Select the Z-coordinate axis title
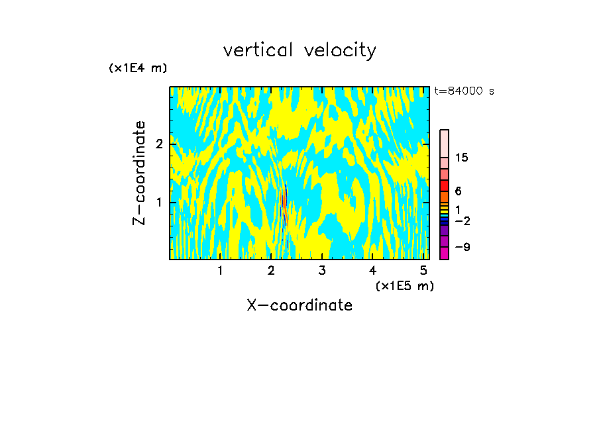[x=139, y=173]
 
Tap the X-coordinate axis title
[x=299, y=305]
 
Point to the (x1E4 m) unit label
[x=138, y=68]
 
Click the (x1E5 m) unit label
[x=404, y=285]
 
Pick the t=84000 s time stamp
[x=464, y=91]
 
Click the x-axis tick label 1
[x=220, y=270]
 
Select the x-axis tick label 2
[x=271, y=270]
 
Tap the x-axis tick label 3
[x=322, y=270]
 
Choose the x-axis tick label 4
[x=372, y=270]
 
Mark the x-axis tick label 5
[x=423, y=270]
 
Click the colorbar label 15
[x=462, y=158]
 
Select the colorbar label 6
[x=458, y=191]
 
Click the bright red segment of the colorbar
[x=444, y=185]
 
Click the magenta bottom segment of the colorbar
[x=444, y=253]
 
